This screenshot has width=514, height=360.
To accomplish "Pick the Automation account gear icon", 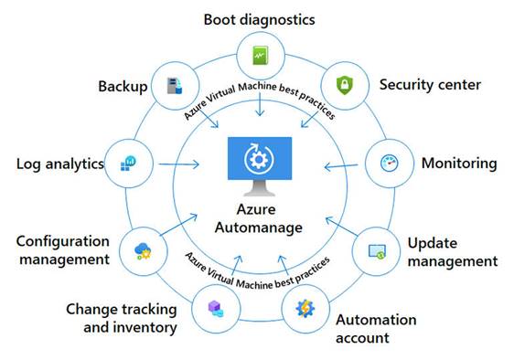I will pos(304,306).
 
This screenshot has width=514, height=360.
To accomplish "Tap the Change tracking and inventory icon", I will pos(216,308).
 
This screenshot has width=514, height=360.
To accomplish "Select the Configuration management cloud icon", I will pos(144,249).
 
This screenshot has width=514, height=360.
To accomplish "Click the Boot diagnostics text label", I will pos(259,18).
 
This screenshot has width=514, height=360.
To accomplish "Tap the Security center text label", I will pos(429,85).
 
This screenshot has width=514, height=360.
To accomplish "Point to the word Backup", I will pos(123,86).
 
